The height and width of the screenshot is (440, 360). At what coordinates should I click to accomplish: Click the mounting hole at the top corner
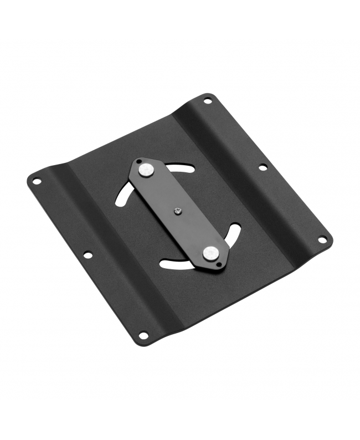[208, 101]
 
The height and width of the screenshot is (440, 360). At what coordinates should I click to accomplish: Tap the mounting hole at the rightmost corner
[322, 239]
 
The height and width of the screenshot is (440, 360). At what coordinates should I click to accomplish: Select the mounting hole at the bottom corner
[143, 335]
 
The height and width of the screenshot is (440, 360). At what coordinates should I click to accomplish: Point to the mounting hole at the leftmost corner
[37, 181]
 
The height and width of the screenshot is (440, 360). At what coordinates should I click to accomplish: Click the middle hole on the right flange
[263, 167]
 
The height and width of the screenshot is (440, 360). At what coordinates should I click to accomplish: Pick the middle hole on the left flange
[88, 255]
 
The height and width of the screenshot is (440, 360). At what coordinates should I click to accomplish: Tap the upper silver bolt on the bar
[146, 170]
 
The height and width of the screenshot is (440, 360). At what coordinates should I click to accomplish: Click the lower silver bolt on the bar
[209, 253]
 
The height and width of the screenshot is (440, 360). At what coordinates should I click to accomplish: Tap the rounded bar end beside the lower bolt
[221, 263]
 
